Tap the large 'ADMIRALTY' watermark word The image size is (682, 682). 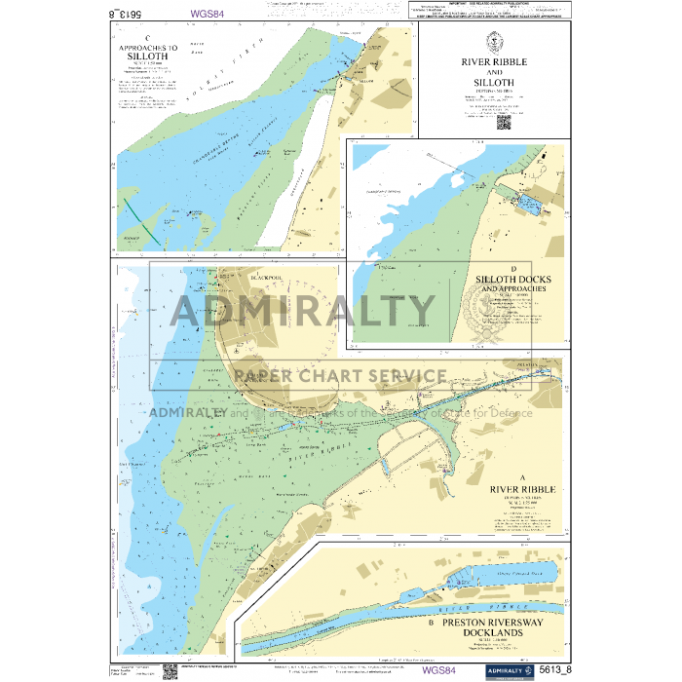[x=303, y=312]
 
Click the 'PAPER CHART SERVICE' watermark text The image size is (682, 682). [x=340, y=376]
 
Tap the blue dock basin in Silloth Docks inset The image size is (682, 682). [x=530, y=204]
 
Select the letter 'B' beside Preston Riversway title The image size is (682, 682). [x=430, y=620]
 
